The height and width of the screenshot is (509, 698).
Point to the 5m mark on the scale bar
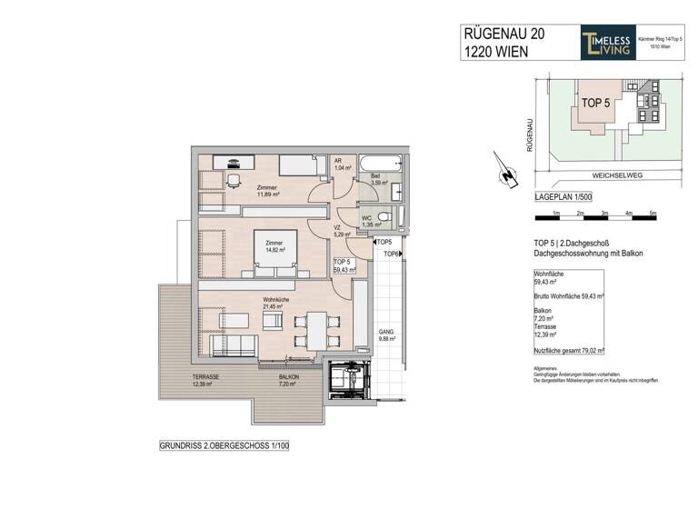(653, 215)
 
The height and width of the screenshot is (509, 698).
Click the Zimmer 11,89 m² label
(242, 190)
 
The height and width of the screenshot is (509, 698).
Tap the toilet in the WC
(385, 217)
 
